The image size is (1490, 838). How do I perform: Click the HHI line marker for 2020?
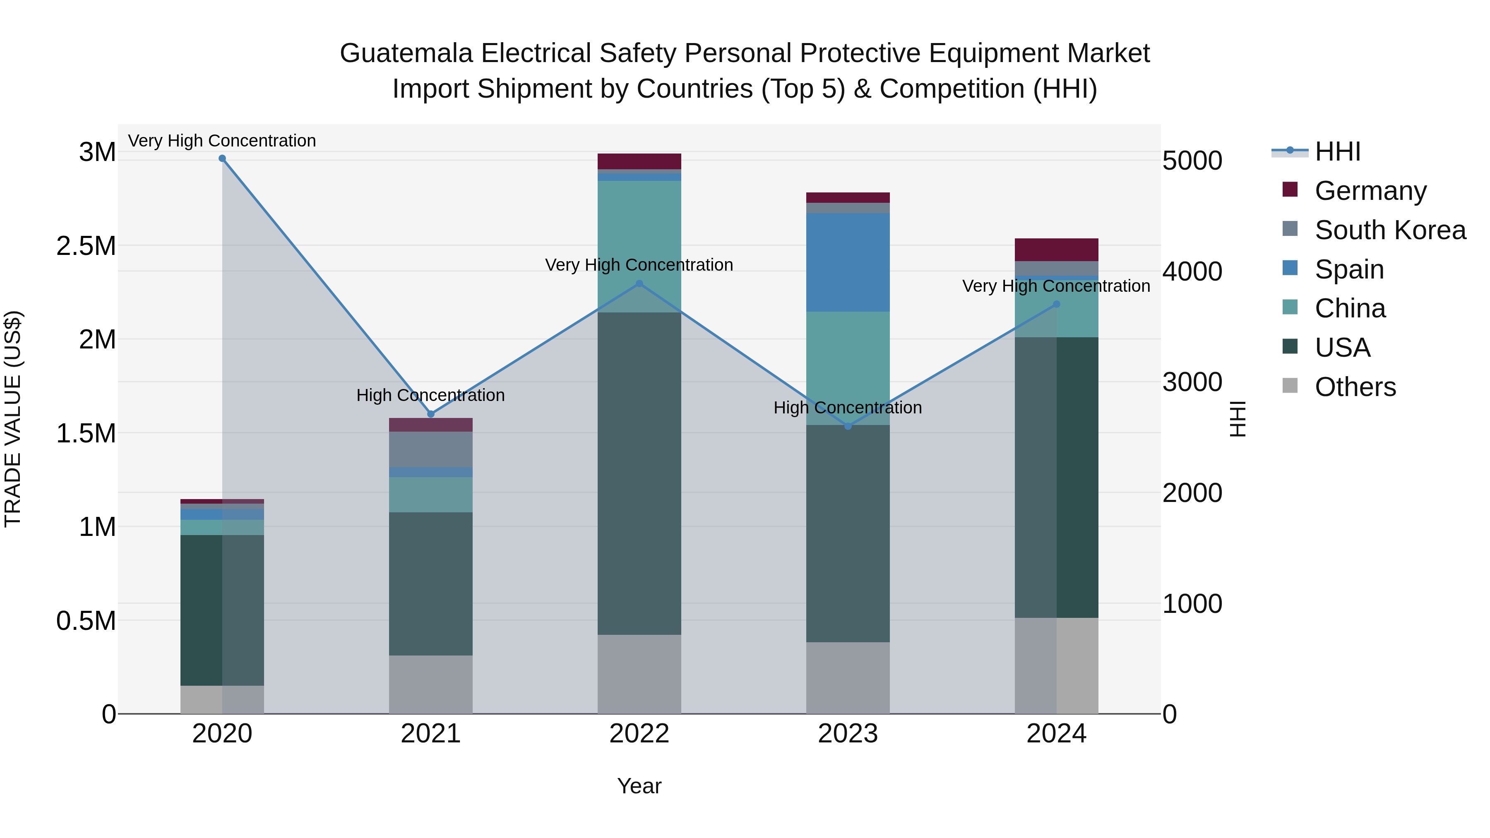[x=222, y=158]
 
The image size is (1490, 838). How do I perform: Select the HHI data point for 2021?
[x=430, y=414]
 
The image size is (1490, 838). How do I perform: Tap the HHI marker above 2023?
[x=848, y=426]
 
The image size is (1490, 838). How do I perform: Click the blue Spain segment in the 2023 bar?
[x=848, y=262]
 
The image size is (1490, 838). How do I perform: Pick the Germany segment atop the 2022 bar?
[x=639, y=161]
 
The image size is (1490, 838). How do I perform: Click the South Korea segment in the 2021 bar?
[x=430, y=449]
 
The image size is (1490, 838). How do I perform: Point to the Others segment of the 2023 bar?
[x=848, y=678]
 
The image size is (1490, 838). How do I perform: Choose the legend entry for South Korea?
[x=1390, y=230]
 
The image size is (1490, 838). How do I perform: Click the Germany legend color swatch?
[x=1290, y=190]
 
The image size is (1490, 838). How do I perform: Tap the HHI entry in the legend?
[x=1337, y=151]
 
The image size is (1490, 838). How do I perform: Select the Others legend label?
[x=1355, y=387]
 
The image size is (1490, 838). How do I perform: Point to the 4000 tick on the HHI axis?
[x=1192, y=271]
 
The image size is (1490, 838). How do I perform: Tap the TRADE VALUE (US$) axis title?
[x=13, y=419]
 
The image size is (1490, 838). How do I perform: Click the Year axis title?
[x=639, y=786]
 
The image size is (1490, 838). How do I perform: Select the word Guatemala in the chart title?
[x=406, y=53]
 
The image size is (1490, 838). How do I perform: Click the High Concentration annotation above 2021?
[x=430, y=396]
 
